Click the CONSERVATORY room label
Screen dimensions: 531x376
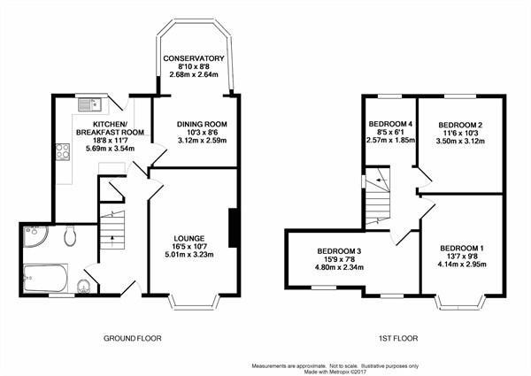pyautogui.click(x=194, y=58)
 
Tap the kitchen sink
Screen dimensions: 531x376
pyautogui.click(x=89, y=104)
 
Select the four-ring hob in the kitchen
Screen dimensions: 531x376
pyautogui.click(x=63, y=151)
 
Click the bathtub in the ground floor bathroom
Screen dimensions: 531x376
pyautogui.click(x=45, y=278)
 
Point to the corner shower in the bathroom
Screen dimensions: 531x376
pyautogui.click(x=35, y=236)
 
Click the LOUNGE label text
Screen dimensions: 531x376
pyautogui.click(x=189, y=239)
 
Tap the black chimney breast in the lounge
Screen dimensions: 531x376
pyautogui.click(x=233, y=227)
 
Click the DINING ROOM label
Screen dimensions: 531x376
pyautogui.click(x=202, y=124)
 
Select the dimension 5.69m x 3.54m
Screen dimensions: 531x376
pyautogui.click(x=110, y=149)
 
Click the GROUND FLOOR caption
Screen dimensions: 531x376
pyautogui.click(x=133, y=338)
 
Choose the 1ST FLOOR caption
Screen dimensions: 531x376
pyautogui.click(x=398, y=338)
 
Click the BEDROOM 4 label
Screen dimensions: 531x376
pyautogui.click(x=390, y=124)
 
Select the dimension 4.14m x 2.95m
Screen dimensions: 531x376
pyautogui.click(x=462, y=264)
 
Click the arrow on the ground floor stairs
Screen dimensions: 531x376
pyautogui.click(x=112, y=238)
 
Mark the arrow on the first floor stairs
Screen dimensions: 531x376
pyautogui.click(x=381, y=180)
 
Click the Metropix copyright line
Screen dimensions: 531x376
pyautogui.click(x=335, y=372)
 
